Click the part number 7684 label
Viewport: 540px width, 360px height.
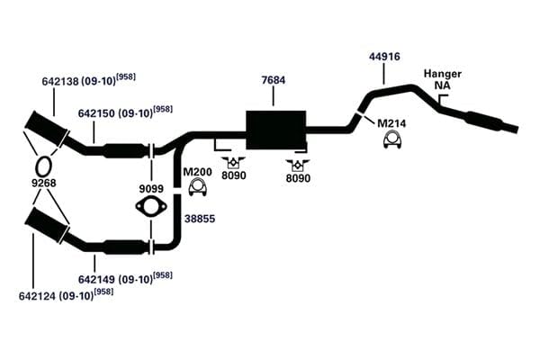tap(274, 80)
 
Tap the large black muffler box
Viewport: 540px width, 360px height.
tap(276, 130)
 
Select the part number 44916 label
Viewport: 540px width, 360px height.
tap(384, 57)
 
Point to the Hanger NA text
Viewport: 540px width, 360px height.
tap(443, 79)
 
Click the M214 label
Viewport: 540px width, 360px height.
tap(391, 123)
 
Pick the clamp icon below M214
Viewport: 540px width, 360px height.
tap(392, 139)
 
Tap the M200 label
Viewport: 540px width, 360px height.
tap(197, 172)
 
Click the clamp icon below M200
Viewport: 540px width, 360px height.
tap(198, 187)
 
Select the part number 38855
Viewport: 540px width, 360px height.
tap(200, 219)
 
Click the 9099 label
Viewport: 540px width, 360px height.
tap(151, 189)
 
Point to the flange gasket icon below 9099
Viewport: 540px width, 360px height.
tap(151, 207)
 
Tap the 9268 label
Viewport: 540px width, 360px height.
tap(44, 183)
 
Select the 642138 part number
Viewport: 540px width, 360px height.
tap(61, 81)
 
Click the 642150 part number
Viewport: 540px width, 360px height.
tap(97, 113)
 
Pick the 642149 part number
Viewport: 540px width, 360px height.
tap(97, 279)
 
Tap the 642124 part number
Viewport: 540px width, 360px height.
tap(37, 296)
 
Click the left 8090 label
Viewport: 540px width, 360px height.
tap(234, 175)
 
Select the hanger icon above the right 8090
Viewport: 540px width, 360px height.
tap(298, 165)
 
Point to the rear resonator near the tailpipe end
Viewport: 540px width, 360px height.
tap(483, 121)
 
